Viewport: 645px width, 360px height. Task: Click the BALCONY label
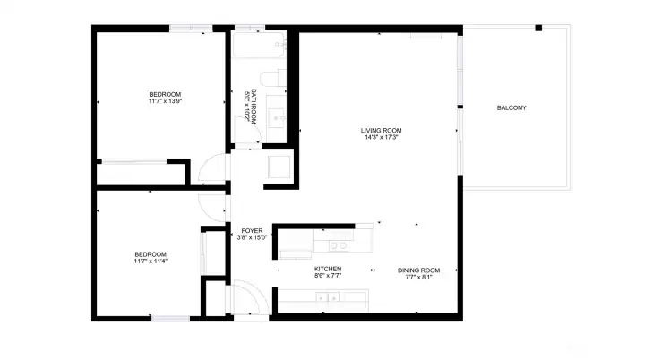pos(512,108)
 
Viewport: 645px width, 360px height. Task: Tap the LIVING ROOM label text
pos(381,131)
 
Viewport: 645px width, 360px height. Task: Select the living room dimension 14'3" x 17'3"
pos(381,138)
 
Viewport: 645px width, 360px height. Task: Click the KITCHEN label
pos(328,269)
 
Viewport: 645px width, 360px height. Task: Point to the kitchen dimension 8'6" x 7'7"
pos(328,276)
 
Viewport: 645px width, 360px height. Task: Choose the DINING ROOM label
pos(419,270)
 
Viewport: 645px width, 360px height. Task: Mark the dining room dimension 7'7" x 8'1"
pos(419,277)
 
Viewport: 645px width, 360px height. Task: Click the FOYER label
pos(252,231)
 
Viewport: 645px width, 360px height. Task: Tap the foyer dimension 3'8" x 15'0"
pos(252,238)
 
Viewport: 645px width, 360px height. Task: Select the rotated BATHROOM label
pos(254,107)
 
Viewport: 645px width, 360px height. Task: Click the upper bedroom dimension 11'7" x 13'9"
pos(165,101)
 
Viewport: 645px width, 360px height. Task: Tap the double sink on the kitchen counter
pos(338,244)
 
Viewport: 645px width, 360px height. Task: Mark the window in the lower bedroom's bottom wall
pos(169,319)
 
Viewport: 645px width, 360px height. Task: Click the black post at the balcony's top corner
pos(538,28)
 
